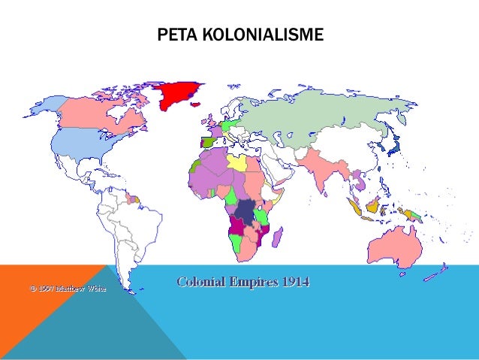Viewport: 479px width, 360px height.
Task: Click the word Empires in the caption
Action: tap(251, 282)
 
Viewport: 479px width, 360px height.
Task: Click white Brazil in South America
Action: tap(139, 219)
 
